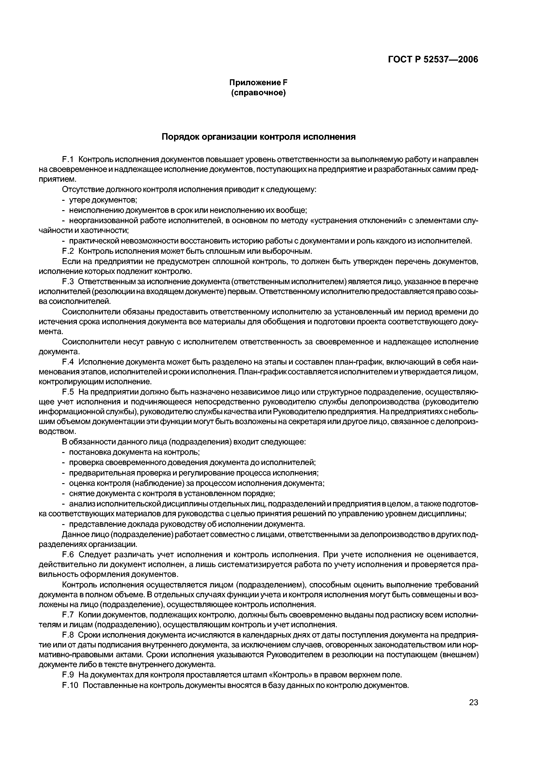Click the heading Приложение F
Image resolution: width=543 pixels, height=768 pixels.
[258, 82]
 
